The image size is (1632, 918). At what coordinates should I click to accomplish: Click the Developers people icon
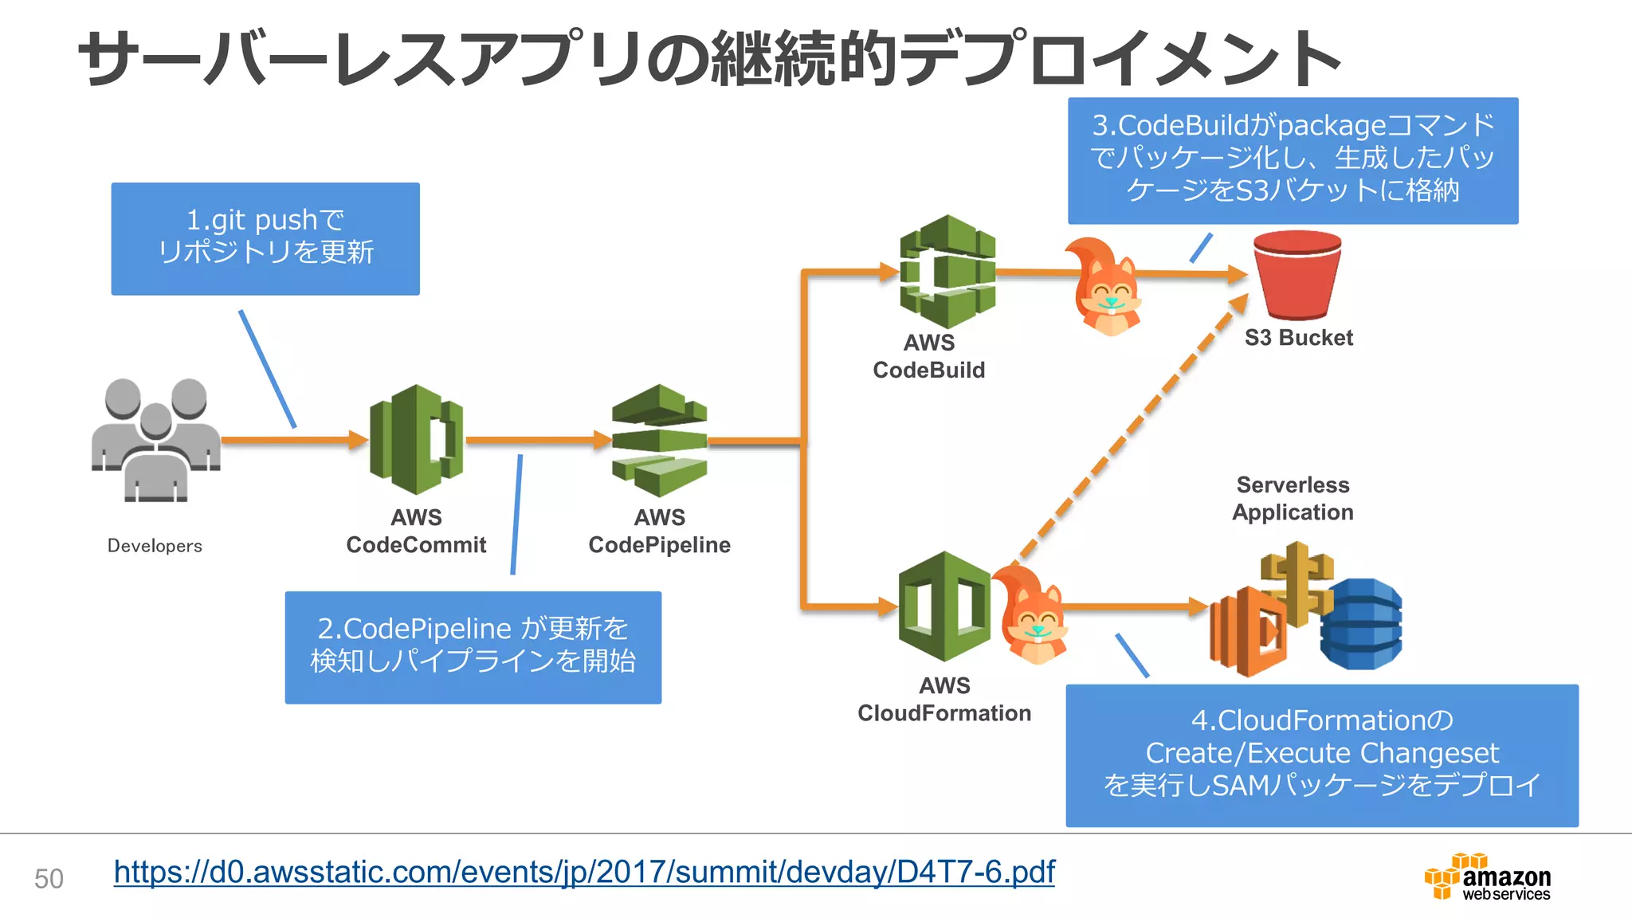(155, 440)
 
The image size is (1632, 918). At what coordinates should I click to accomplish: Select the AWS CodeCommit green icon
(416, 440)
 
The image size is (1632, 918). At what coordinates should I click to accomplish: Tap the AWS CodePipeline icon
(659, 440)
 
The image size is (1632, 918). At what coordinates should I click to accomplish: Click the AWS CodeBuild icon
(947, 271)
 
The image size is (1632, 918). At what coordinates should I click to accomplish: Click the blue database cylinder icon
(1361, 624)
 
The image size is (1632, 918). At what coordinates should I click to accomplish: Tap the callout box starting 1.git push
(265, 238)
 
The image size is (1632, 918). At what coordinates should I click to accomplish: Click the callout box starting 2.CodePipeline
(473, 647)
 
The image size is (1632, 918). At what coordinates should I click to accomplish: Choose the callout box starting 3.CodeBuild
(1293, 160)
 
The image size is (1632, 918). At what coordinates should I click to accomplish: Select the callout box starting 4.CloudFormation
(1321, 754)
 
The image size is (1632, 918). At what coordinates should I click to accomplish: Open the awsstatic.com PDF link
(584, 872)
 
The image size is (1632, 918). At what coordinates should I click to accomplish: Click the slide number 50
(49, 878)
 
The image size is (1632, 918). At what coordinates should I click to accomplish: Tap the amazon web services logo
(1488, 877)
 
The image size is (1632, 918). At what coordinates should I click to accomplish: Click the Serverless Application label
(1293, 498)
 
